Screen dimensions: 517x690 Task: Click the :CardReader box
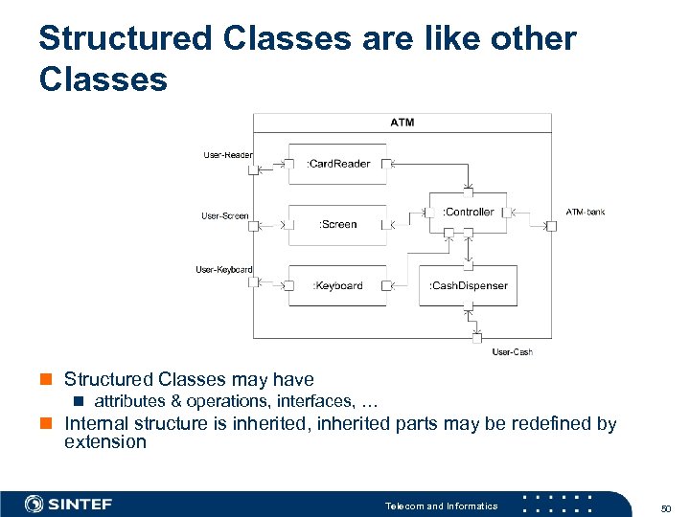point(337,164)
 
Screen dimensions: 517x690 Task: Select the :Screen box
point(337,224)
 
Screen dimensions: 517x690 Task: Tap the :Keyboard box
point(337,285)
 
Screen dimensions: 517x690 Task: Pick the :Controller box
point(469,212)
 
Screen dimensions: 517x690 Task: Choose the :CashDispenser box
point(468,285)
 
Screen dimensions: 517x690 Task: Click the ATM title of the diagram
point(402,123)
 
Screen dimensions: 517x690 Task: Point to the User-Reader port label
point(228,154)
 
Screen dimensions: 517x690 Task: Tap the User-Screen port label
point(225,215)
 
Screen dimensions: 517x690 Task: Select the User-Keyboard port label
point(224,270)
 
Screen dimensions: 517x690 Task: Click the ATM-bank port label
point(586,212)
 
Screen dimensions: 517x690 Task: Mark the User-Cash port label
point(512,352)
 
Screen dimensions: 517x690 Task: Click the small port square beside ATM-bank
point(551,226)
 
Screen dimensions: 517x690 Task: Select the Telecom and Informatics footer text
point(441,506)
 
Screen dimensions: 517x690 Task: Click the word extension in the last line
point(104,442)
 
